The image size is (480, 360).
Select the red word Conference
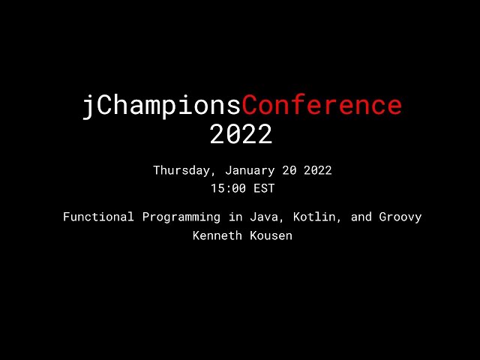point(322,106)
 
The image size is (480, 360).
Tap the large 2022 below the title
point(241,134)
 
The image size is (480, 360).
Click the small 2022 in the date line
point(317,170)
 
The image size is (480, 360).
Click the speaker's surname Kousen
point(269,235)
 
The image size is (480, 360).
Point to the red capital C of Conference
point(251,106)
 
